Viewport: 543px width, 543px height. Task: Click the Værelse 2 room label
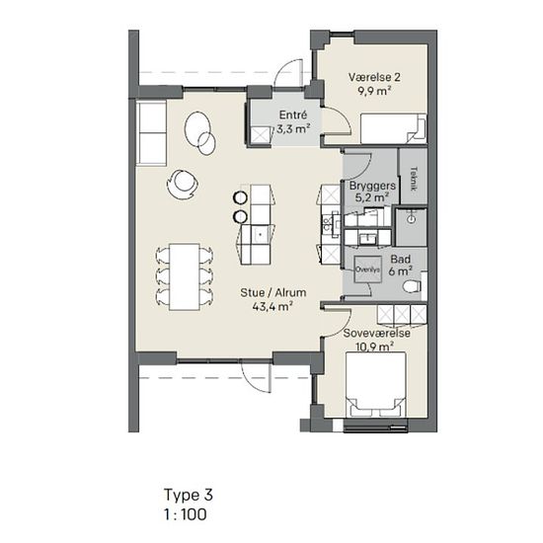click(x=374, y=77)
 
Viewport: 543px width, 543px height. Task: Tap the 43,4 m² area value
click(x=272, y=306)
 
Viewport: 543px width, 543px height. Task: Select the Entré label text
click(x=293, y=115)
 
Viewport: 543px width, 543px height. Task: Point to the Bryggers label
click(x=372, y=186)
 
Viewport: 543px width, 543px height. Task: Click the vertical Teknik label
click(x=413, y=179)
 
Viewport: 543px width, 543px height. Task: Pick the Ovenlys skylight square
click(x=368, y=270)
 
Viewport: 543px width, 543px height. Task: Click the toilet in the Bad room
click(x=413, y=286)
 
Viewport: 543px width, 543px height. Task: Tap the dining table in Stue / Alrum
click(x=185, y=276)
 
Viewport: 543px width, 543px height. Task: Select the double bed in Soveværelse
click(x=376, y=385)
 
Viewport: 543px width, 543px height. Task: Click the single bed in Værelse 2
click(x=394, y=128)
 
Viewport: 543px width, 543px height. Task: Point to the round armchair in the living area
click(x=183, y=184)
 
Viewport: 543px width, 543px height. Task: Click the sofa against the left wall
click(x=152, y=132)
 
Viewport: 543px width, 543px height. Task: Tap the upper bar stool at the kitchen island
click(x=240, y=197)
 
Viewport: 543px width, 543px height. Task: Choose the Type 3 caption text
click(x=189, y=496)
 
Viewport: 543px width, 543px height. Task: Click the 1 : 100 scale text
click(x=186, y=514)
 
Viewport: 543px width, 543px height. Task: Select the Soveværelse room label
click(x=377, y=333)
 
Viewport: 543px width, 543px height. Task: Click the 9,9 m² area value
click(x=374, y=91)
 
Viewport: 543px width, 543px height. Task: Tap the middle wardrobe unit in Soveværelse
click(x=402, y=315)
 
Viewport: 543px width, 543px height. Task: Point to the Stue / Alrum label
click(x=273, y=292)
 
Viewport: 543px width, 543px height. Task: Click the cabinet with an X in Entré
click(x=261, y=134)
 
